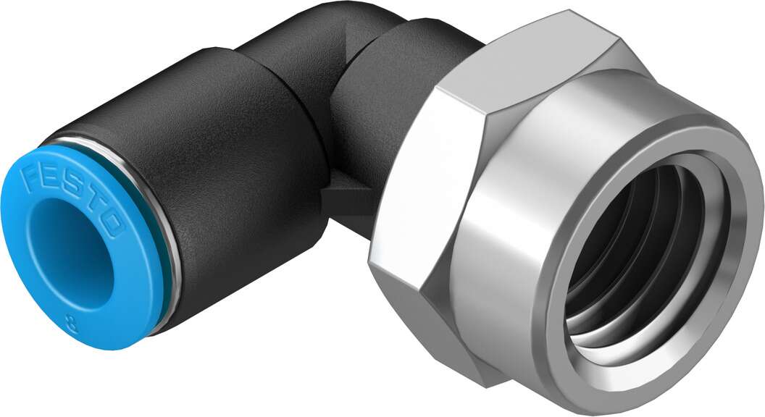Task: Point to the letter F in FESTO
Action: point(32,177)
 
